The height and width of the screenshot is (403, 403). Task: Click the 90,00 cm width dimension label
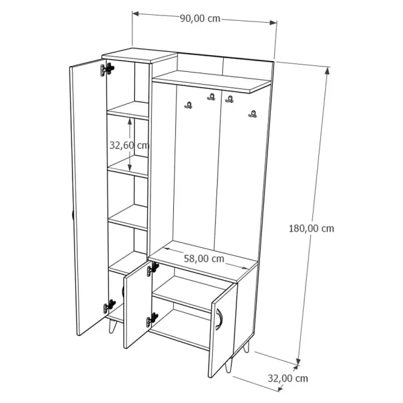point(200,19)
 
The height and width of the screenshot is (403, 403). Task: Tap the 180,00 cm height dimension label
point(311,228)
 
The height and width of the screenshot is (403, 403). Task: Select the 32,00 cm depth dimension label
point(287,378)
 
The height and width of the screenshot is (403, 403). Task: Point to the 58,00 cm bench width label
point(204,259)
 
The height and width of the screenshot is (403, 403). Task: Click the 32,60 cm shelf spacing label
point(129,145)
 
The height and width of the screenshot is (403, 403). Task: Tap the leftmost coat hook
point(188,105)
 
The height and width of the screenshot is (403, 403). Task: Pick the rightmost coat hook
point(253,114)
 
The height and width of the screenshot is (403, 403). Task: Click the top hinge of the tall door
point(107,69)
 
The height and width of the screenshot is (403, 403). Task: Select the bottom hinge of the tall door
point(109,306)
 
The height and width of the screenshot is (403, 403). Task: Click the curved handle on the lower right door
point(220,319)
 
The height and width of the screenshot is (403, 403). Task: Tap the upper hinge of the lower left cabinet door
point(152,269)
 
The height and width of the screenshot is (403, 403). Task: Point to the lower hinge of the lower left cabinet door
point(152,320)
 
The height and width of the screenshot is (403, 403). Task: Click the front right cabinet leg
point(228,365)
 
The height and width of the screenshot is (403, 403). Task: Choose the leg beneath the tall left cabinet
point(112,326)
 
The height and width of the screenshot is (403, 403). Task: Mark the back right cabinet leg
point(247,346)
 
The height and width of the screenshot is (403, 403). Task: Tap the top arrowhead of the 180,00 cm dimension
point(327,71)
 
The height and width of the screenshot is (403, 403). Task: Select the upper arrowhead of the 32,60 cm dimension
point(130,122)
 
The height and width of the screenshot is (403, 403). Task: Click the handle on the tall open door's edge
point(73,215)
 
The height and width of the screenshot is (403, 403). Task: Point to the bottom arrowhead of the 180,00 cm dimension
point(298,361)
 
